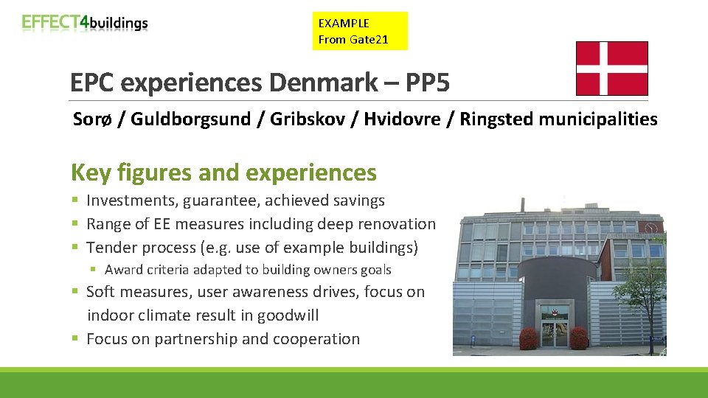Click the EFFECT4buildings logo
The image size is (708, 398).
pos(85,23)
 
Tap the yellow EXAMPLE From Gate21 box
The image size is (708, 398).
pos(360,31)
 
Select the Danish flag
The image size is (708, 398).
pos(611,69)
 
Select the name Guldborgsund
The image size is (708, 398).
pos(191,119)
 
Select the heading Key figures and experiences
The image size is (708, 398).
pos(223,172)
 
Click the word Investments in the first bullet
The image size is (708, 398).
pos(132,200)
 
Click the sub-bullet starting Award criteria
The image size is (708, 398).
pos(248,270)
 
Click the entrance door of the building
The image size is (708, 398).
pos(555,329)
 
